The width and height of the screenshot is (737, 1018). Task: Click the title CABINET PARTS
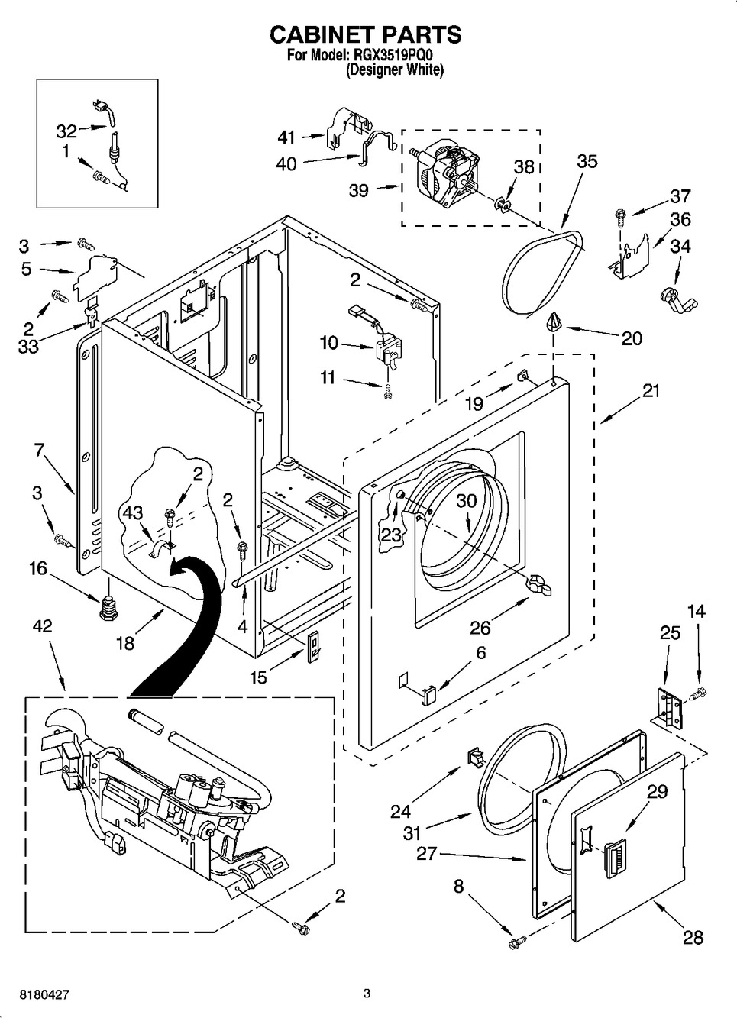pyautogui.click(x=366, y=34)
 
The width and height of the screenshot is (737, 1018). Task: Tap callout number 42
pyautogui.click(x=43, y=626)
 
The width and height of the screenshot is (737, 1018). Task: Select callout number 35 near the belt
pyautogui.click(x=587, y=161)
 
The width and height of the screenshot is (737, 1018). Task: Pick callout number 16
pyautogui.click(x=38, y=568)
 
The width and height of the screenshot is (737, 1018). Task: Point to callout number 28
pyautogui.click(x=693, y=936)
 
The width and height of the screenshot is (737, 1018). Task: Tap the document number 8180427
pyautogui.click(x=37, y=996)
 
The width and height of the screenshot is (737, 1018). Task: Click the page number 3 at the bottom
pyautogui.click(x=367, y=994)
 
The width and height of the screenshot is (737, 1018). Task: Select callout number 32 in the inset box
pyautogui.click(x=66, y=131)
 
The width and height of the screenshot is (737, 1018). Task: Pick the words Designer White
pyautogui.click(x=394, y=69)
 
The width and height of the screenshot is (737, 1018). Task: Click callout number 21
pyautogui.click(x=650, y=390)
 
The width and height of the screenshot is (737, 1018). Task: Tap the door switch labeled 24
pyautogui.click(x=477, y=758)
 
